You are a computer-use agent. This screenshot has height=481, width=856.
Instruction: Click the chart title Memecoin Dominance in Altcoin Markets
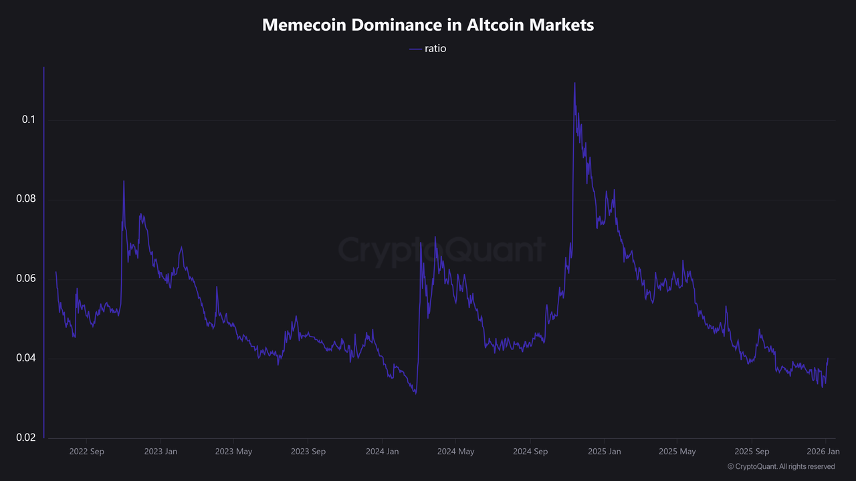click(428, 25)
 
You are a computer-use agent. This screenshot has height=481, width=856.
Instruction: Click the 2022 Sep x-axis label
click(87, 452)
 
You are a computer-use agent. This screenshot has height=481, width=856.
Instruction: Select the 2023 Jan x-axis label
click(161, 452)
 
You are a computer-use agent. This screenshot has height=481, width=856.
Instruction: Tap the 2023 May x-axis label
click(233, 452)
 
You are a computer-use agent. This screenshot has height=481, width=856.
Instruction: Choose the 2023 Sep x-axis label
click(308, 452)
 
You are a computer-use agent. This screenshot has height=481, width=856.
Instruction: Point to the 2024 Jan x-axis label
click(383, 452)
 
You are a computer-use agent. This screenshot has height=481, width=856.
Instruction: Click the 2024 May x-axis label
click(455, 452)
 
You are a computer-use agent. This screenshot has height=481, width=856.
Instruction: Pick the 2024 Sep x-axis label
click(530, 452)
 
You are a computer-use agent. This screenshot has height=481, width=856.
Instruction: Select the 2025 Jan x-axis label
click(604, 452)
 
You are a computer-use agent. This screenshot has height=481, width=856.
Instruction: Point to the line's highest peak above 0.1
click(574, 84)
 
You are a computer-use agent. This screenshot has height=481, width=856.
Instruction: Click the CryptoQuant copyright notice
click(781, 466)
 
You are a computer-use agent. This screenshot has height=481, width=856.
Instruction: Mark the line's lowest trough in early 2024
click(416, 393)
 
